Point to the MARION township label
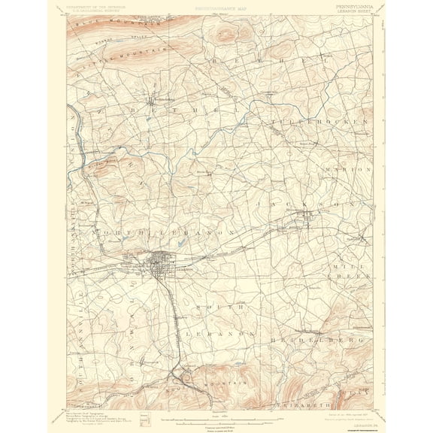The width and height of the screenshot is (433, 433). point(346,170)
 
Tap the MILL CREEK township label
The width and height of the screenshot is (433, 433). point(348,271)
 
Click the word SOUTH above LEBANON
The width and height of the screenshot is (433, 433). point(216,307)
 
